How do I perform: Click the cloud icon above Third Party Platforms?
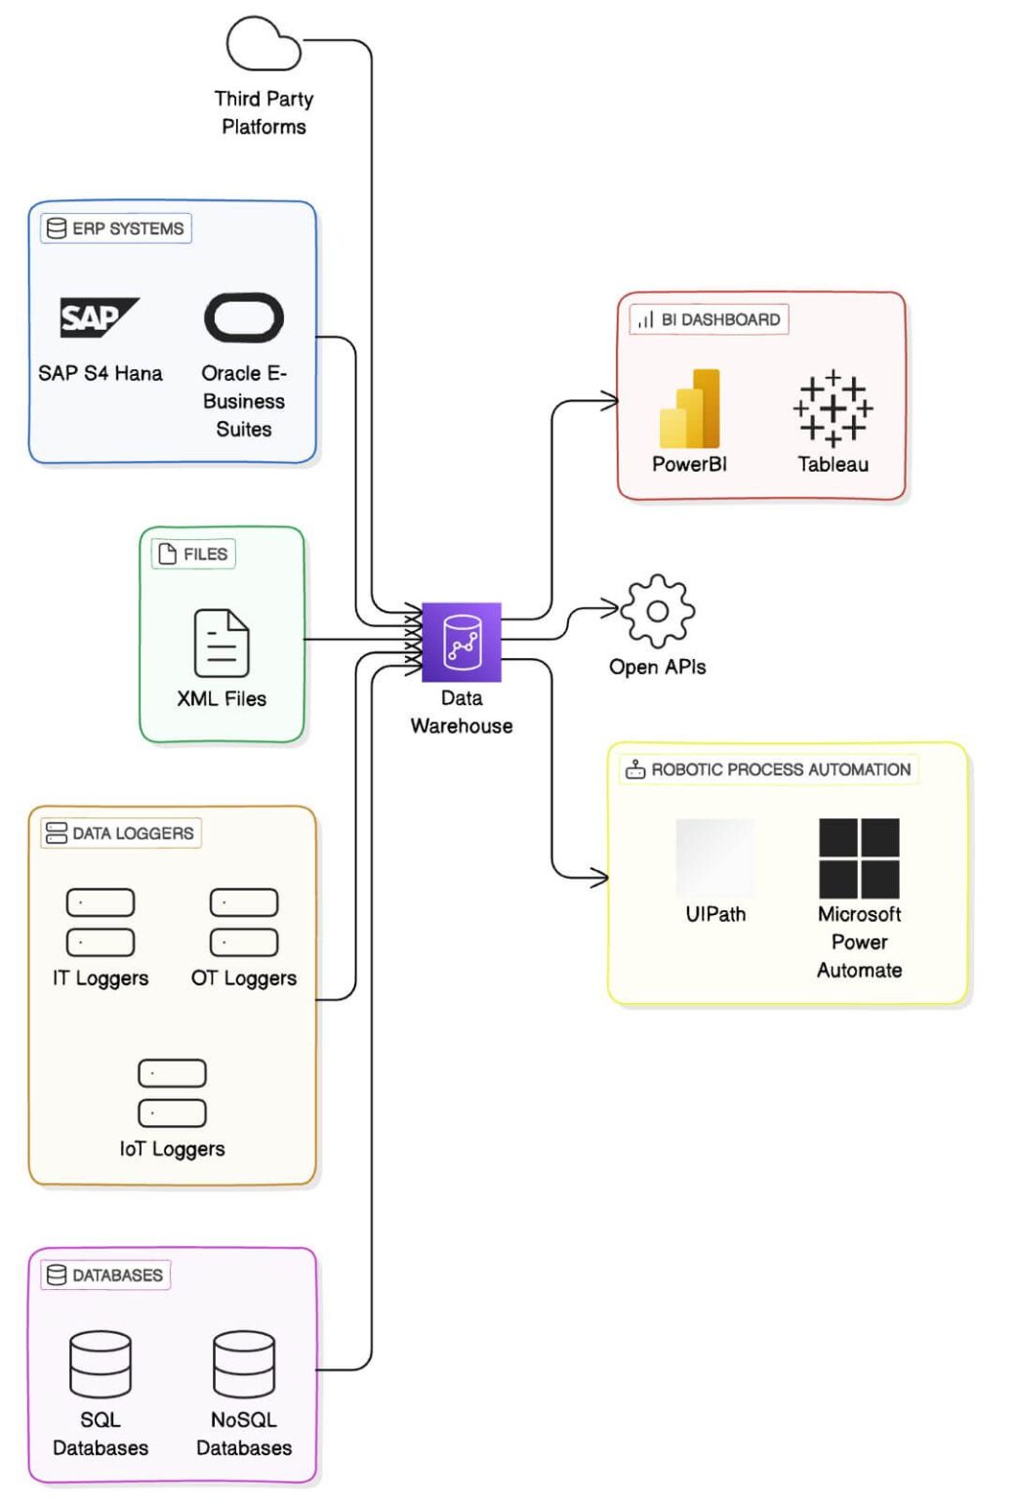tap(263, 45)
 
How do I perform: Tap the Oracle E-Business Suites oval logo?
tap(244, 317)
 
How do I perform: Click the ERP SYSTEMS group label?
tap(116, 229)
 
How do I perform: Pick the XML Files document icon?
tap(222, 643)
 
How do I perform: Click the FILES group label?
tap(193, 554)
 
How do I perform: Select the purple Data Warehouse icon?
tap(462, 642)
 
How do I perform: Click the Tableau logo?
tap(833, 408)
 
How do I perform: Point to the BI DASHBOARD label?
tap(710, 319)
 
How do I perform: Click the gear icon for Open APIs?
tap(658, 611)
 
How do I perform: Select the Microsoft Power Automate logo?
tap(859, 858)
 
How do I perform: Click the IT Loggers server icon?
tap(101, 922)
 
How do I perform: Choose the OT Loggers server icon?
tap(244, 922)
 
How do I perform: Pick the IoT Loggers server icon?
tap(173, 1093)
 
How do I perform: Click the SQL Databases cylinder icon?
tap(101, 1364)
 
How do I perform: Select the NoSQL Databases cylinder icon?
tap(244, 1364)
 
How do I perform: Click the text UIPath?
tap(715, 914)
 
